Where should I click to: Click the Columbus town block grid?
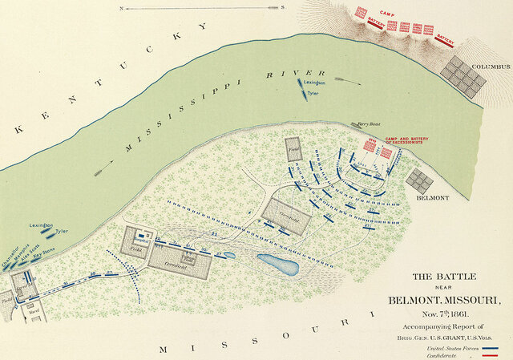pos(465,77)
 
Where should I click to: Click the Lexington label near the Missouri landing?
pos(40,225)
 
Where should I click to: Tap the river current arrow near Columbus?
pos(346,79)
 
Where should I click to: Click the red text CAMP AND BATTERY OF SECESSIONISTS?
pos(406,141)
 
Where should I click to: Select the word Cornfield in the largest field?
pos(169,262)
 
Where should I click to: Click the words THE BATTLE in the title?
pos(444,277)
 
